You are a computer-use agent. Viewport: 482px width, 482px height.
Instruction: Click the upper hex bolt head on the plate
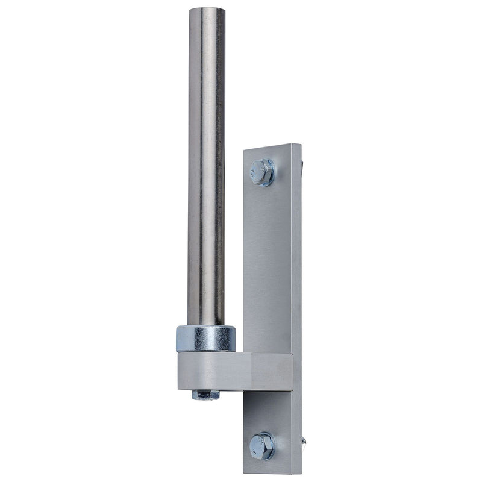[x=261, y=171]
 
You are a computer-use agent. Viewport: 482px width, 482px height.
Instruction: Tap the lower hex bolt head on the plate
[x=262, y=445]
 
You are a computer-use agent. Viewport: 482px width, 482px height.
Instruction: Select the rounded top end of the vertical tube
[x=206, y=10]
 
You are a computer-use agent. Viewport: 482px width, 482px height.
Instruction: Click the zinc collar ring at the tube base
[x=205, y=339]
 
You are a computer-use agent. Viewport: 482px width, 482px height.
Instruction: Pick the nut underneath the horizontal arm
[x=205, y=395]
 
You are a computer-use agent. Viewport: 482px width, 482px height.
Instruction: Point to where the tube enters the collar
[x=205, y=326]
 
